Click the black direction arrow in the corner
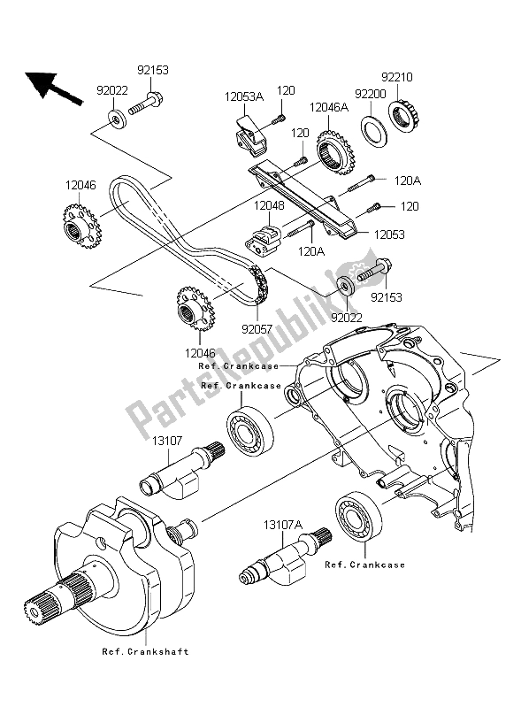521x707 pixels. [x=50, y=85]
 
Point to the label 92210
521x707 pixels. [x=396, y=76]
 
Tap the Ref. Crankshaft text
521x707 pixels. [x=145, y=651]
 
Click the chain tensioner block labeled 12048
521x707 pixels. [x=264, y=237]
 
